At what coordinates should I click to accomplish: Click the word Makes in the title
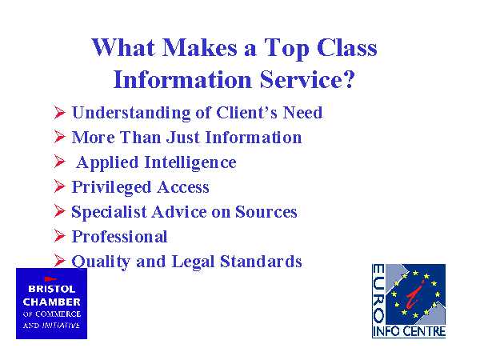199,48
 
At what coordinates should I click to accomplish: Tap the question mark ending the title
349,79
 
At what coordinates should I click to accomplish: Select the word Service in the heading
300,79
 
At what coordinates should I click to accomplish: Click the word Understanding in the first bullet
131,114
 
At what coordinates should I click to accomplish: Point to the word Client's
246,112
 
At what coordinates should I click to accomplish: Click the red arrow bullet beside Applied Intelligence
60,161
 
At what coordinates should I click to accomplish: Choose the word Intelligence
190,163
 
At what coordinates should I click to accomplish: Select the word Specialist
109,212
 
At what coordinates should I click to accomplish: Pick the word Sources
266,212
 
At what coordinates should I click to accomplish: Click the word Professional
119,237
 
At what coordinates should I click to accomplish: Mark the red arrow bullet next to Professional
60,236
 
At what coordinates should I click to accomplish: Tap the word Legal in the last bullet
193,262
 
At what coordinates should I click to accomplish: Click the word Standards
261,262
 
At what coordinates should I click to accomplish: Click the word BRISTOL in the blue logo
51,289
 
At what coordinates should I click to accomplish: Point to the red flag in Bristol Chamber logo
50,279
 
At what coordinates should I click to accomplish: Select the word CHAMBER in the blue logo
51,302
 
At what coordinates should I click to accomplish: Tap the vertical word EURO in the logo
378,294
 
